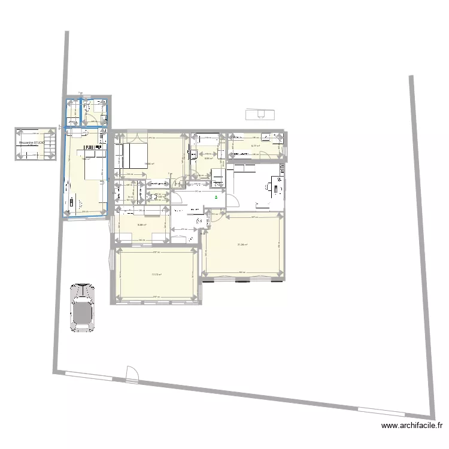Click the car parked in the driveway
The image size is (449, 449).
[83, 306]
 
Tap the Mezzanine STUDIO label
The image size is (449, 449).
[32, 143]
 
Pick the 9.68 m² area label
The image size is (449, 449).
[142, 225]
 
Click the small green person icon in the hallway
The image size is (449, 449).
[216, 196]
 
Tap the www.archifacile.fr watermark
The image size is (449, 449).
[412, 426]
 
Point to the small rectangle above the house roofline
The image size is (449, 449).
[259, 113]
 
